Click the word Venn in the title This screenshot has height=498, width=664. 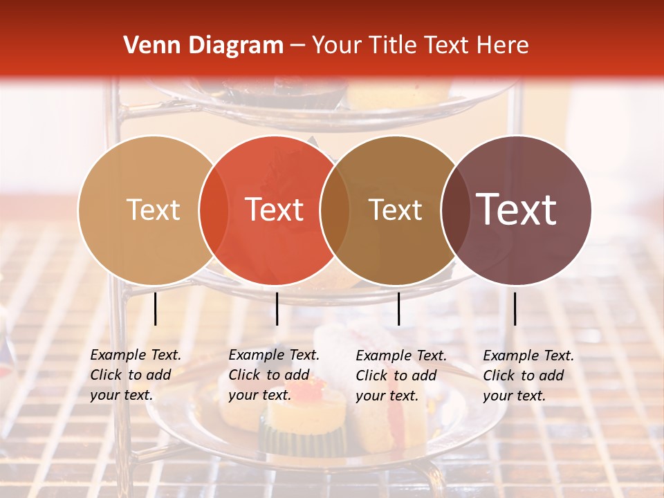click(x=147, y=46)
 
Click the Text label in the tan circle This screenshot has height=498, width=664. click(x=153, y=210)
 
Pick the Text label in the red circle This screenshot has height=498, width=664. click(x=275, y=210)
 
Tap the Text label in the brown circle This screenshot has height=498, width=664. click(x=396, y=210)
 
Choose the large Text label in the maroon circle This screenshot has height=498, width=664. click(x=517, y=210)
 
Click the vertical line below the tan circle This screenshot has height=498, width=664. click(x=155, y=308)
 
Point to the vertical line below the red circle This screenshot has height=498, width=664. click(x=277, y=308)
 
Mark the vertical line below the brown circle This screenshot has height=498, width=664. click(x=398, y=308)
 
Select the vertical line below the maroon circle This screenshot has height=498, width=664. click(x=515, y=308)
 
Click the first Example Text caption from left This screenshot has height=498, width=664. click(x=136, y=375)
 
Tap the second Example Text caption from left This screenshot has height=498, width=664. click(x=274, y=375)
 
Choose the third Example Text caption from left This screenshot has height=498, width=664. click(x=401, y=375)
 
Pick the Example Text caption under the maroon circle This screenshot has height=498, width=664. click(x=528, y=375)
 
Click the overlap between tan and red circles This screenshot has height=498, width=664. click(x=214, y=210)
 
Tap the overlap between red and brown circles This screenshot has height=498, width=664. click(x=335, y=210)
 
